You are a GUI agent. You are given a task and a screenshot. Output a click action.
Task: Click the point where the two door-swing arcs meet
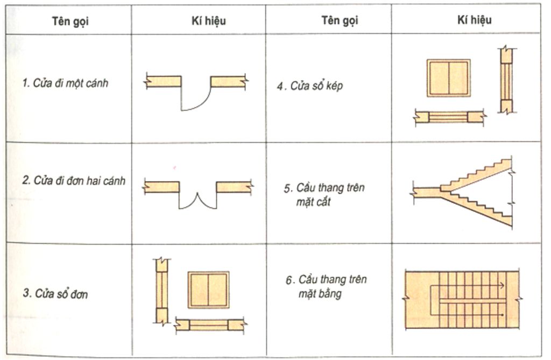(197, 193)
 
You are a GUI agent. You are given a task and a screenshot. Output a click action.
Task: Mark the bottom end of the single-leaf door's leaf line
(181, 110)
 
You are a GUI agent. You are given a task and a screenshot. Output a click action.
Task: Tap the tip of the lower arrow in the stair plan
(505, 315)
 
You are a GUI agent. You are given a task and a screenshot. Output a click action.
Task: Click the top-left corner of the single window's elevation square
(188, 272)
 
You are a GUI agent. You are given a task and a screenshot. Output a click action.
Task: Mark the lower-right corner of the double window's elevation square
(470, 96)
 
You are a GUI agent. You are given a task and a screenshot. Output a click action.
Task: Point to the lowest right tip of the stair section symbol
(512, 227)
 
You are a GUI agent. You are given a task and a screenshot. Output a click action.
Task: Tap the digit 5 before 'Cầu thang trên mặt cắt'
(287, 189)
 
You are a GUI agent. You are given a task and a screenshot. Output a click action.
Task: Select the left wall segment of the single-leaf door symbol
(163, 81)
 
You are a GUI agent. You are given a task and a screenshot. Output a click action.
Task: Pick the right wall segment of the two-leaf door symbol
(234, 187)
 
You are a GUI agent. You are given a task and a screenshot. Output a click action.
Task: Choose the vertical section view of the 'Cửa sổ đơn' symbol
(162, 291)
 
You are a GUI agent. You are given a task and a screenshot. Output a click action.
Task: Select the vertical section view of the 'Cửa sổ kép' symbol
(506, 80)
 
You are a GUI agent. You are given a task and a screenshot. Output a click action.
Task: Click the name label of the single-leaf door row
(65, 83)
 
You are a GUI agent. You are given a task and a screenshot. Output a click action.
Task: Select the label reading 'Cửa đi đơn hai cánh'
(74, 181)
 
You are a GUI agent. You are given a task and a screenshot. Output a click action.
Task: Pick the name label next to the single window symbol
(55, 293)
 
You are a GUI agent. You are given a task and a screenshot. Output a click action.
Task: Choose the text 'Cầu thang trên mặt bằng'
(326, 286)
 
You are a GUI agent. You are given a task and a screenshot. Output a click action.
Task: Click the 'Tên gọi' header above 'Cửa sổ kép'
(340, 20)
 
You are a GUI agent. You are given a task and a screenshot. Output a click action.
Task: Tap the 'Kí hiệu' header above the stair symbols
(474, 20)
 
